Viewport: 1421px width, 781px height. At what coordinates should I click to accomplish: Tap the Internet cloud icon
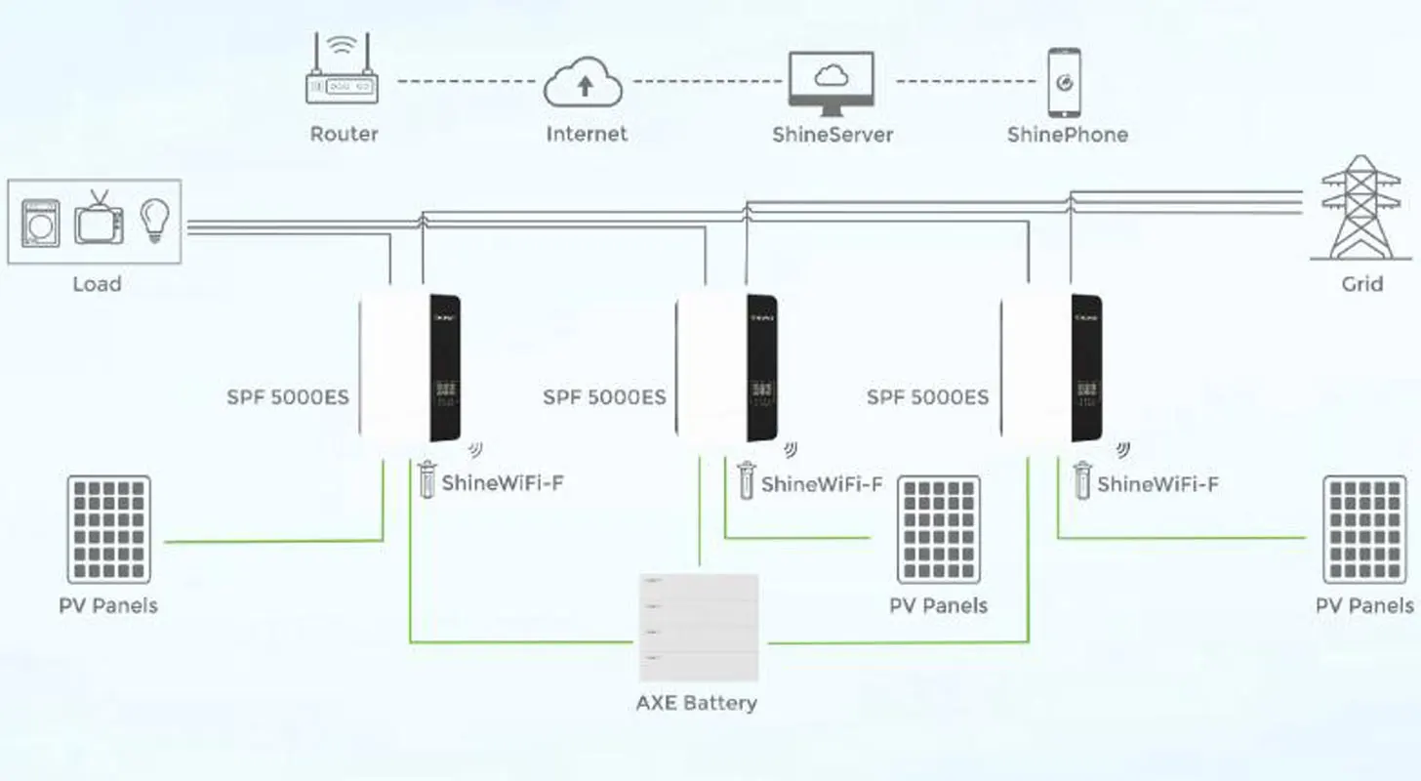point(585,84)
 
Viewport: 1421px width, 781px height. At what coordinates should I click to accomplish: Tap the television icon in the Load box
point(100,219)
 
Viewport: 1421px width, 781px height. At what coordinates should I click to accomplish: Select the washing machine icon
point(40,224)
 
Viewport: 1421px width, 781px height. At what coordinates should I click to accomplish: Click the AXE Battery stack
point(698,628)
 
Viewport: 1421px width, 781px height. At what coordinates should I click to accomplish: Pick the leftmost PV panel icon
point(108,529)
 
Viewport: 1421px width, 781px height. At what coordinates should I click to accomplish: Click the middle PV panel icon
point(939,529)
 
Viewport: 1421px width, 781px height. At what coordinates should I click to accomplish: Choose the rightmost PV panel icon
point(1364,529)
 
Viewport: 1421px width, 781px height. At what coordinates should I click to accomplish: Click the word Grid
point(1361,284)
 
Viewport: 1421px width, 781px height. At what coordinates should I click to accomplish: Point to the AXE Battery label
point(696,703)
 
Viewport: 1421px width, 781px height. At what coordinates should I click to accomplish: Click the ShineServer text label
point(832,135)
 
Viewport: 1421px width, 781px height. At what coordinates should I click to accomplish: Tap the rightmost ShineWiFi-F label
point(1157,483)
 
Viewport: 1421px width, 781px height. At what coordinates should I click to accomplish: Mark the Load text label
point(97,284)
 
